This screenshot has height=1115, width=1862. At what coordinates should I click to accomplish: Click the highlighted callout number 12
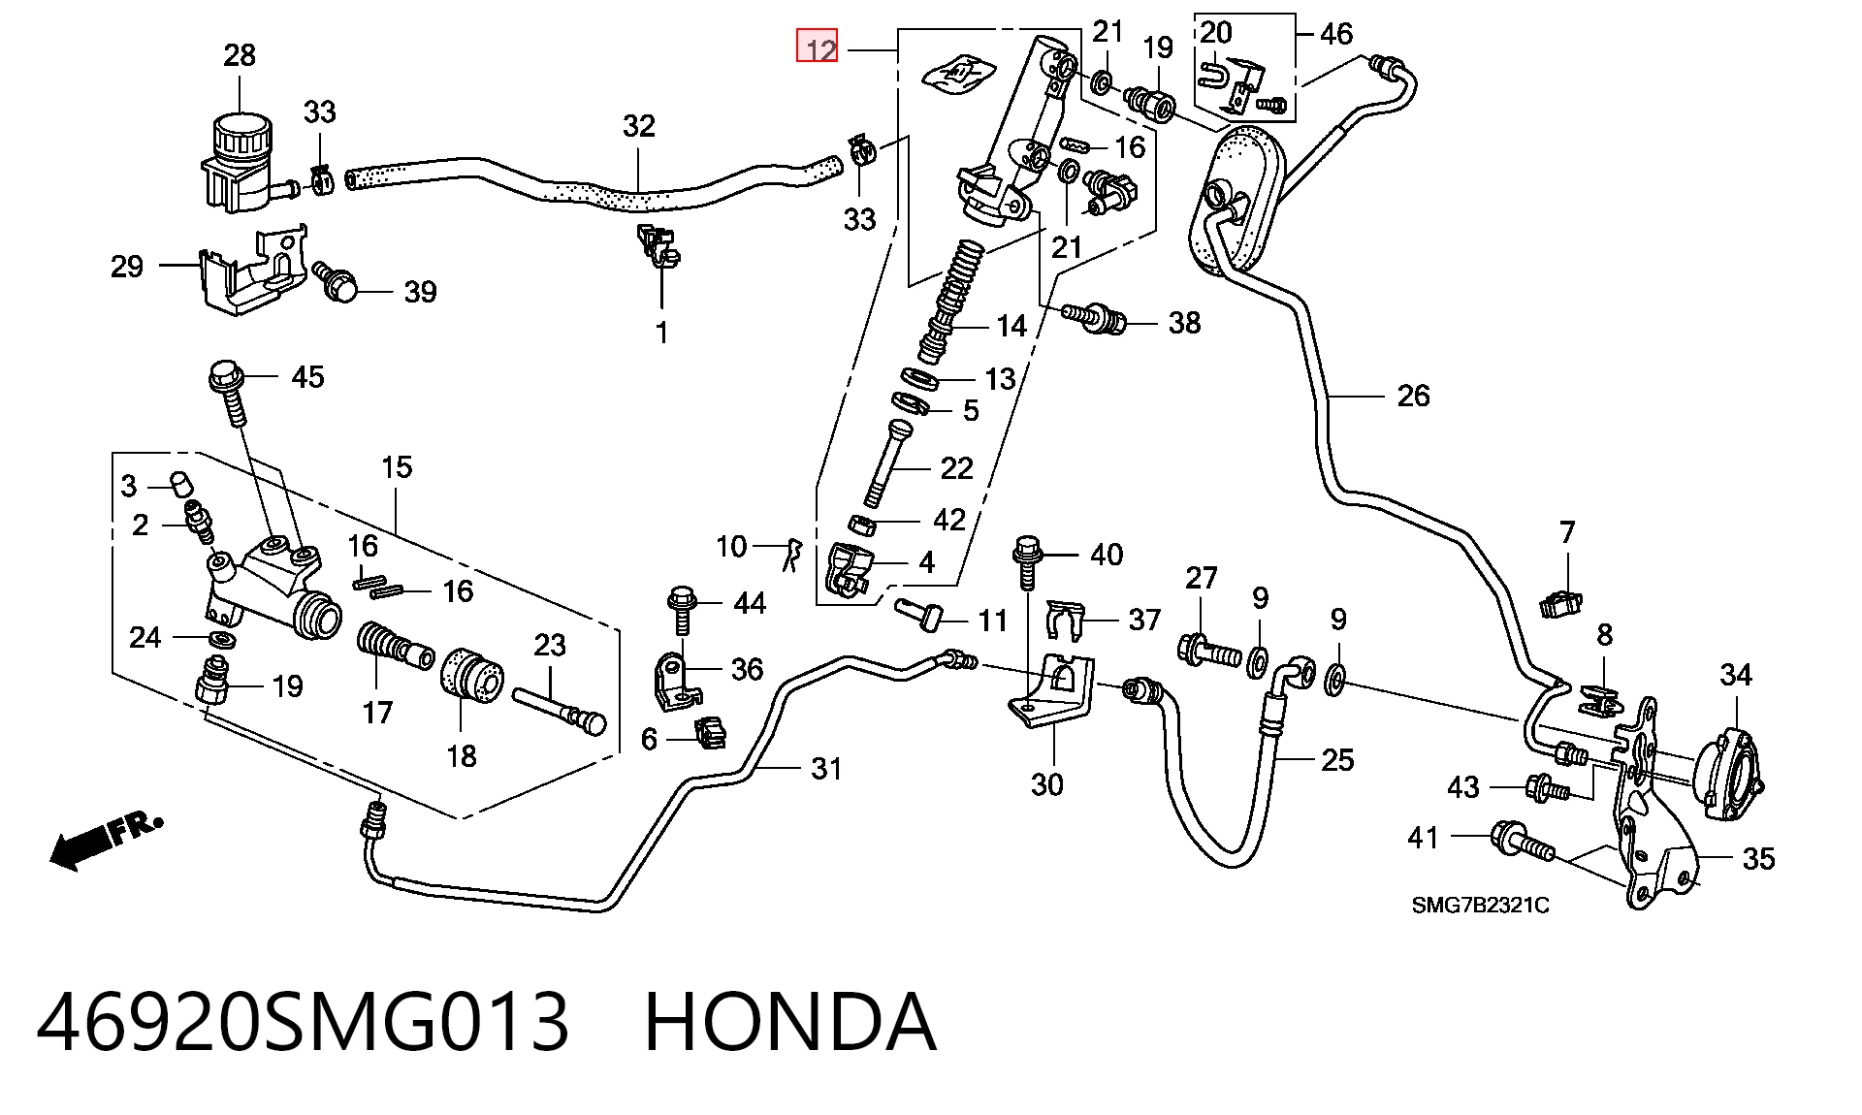[817, 48]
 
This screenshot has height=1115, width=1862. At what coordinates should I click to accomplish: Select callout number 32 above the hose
[638, 125]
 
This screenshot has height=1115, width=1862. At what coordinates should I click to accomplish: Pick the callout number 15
[397, 466]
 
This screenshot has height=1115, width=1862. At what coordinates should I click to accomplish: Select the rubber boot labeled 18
[472, 674]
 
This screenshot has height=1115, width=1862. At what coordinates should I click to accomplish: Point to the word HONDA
[790, 1022]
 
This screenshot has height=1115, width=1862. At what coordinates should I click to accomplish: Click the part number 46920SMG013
[303, 1022]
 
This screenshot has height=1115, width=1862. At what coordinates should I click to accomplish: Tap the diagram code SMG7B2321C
[1480, 906]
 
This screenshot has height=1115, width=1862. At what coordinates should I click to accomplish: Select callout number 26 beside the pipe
[1413, 395]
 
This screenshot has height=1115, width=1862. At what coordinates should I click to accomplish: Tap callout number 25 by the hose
[1337, 759]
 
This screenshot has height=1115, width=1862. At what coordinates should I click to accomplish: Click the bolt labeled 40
[1027, 561]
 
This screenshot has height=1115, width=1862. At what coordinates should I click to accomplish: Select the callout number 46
[1335, 33]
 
